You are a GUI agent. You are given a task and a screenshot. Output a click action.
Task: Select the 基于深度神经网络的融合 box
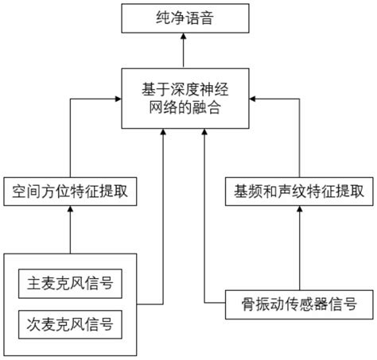tap(182, 99)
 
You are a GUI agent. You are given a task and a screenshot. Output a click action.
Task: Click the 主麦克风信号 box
tap(71, 283)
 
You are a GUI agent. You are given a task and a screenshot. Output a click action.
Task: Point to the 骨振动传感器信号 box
tap(299, 302)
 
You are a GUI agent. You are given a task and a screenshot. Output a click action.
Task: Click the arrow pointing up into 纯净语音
tap(182, 49)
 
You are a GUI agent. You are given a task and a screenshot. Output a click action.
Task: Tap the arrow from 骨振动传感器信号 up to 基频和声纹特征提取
tap(299, 246)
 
